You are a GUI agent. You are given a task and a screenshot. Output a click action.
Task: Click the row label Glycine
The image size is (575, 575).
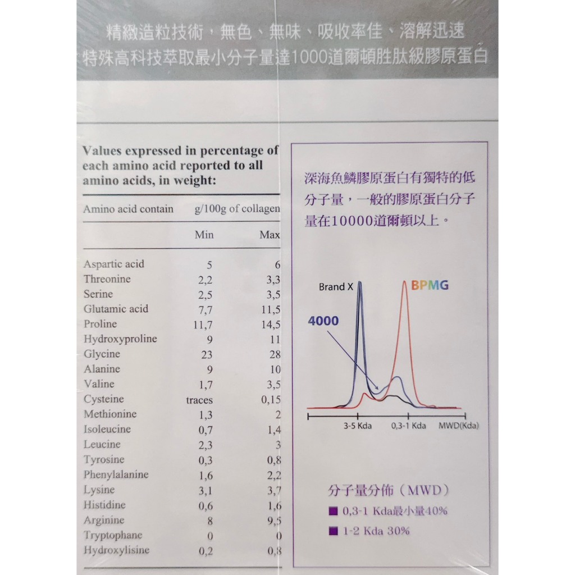[102, 354]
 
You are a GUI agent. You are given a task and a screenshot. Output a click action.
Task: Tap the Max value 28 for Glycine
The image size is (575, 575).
[273, 355]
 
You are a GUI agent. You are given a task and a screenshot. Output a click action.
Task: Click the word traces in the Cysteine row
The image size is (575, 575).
[199, 400]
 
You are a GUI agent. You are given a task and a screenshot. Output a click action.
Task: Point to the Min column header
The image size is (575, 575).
[204, 235]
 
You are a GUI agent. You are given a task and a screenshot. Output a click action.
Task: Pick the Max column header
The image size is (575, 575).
[270, 235]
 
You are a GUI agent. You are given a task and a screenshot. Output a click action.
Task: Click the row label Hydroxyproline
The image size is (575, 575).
[120, 339]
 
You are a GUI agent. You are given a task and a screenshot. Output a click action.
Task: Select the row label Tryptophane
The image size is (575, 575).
[113, 535]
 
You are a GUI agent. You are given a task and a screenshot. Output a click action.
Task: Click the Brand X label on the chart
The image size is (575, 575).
[336, 287]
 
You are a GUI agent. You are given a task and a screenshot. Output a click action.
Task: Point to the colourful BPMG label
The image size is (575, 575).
[430, 285]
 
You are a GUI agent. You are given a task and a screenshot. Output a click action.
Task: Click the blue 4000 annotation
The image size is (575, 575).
[323, 321]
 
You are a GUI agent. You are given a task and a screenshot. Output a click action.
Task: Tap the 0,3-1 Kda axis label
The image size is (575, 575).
[408, 426]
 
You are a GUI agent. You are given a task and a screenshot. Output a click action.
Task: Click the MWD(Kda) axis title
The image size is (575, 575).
[459, 426]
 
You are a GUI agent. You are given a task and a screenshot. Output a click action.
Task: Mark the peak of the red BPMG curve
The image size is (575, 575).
[404, 282]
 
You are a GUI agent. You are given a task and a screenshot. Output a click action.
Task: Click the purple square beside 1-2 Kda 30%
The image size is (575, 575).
[334, 531]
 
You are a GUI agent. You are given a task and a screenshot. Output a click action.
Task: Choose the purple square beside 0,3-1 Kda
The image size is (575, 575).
[334, 512]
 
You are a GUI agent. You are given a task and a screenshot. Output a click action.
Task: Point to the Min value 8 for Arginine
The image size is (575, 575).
[210, 521]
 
